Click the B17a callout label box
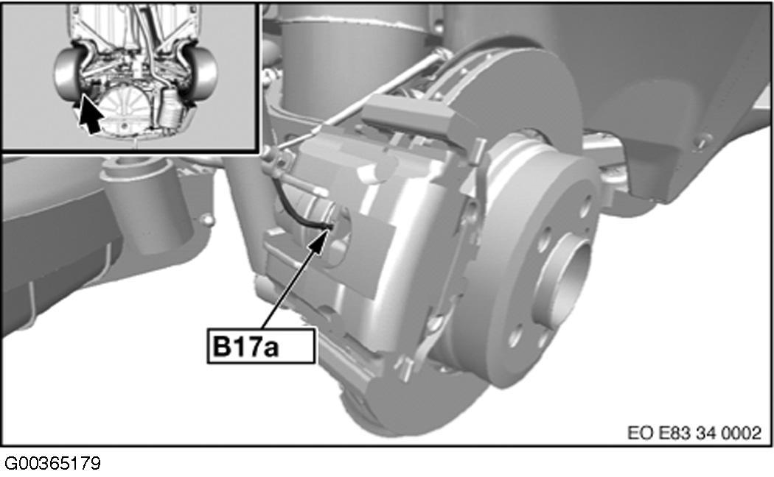click(x=261, y=346)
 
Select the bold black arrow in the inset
click(x=90, y=114)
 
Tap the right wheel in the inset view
click(x=204, y=74)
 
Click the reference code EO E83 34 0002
click(x=694, y=433)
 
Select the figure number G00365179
click(x=52, y=463)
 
